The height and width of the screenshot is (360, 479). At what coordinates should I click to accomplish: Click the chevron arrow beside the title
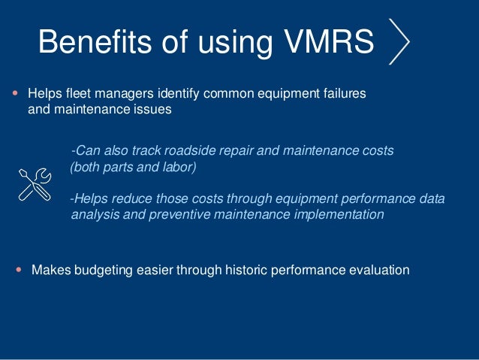click(401, 41)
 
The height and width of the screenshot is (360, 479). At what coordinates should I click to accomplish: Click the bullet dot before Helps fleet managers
click(16, 95)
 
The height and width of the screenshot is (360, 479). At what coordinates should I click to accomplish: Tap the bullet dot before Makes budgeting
click(19, 269)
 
